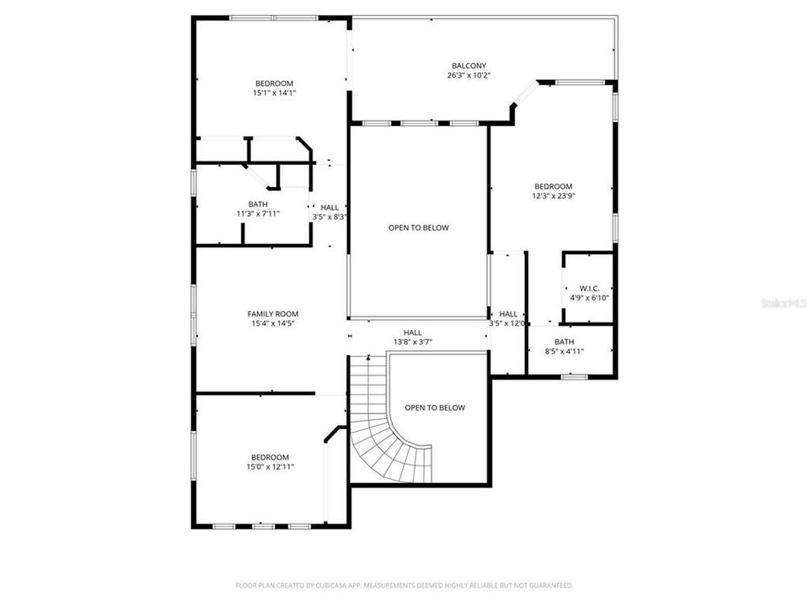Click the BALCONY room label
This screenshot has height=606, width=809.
(469, 66)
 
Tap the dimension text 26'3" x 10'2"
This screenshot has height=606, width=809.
(469, 76)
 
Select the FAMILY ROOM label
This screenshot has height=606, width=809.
(272, 314)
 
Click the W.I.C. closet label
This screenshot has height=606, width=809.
(589, 288)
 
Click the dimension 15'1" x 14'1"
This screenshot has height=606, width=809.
(274, 93)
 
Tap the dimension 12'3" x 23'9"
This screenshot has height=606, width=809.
(553, 196)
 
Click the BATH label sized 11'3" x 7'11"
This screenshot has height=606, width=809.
(258, 204)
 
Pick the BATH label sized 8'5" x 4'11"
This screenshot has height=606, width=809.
(564, 342)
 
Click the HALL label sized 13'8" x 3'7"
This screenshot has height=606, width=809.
(412, 332)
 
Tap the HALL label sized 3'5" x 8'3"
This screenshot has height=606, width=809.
(329, 207)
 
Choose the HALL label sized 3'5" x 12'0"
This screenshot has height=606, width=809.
(508, 314)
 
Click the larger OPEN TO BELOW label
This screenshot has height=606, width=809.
(418, 227)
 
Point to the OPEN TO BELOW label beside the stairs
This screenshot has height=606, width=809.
(434, 407)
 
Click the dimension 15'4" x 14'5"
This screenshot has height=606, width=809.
(272, 323)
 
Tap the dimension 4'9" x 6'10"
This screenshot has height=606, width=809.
(589, 297)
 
